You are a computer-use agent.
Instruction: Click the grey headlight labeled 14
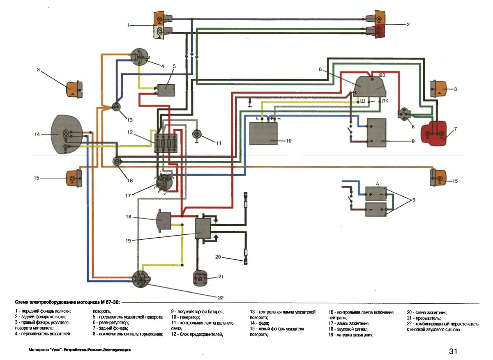coord(66,134)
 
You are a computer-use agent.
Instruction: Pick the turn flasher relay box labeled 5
coord(167,90)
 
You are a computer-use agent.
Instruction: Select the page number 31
coord(453,351)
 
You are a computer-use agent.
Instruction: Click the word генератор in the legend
coord(190,318)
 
